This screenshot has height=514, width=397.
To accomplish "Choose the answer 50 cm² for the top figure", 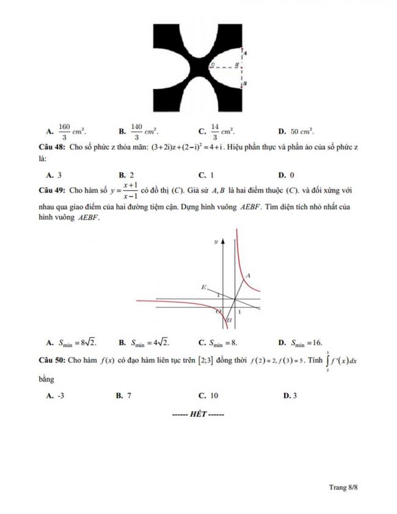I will (302, 131).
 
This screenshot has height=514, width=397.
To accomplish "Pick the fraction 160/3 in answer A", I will (64, 131).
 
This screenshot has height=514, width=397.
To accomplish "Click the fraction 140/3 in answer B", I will (137, 131).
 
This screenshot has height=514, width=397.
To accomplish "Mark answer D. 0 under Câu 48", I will (286, 175).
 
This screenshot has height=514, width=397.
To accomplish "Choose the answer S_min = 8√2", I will (78, 342).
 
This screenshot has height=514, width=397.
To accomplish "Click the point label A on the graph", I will (249, 276).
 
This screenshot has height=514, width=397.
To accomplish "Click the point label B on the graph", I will (230, 320).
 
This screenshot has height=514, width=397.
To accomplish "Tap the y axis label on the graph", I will (216, 242).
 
